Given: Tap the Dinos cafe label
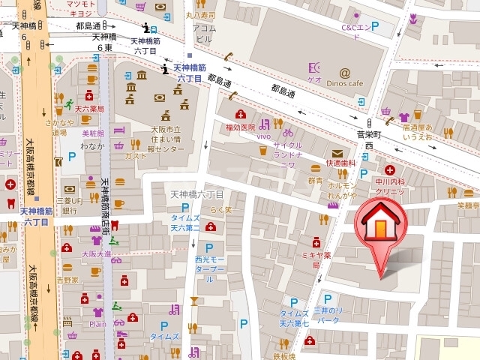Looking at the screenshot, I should [x=345, y=83].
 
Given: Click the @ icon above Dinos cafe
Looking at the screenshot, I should [x=344, y=72].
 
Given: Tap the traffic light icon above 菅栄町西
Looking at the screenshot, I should [x=369, y=123].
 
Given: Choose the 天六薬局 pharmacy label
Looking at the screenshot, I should [x=89, y=109].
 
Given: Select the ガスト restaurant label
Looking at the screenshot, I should [x=136, y=156].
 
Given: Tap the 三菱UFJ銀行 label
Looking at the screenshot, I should [x=70, y=205].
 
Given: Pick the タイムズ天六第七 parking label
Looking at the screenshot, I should [x=294, y=318].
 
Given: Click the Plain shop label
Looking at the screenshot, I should [x=97, y=325].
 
